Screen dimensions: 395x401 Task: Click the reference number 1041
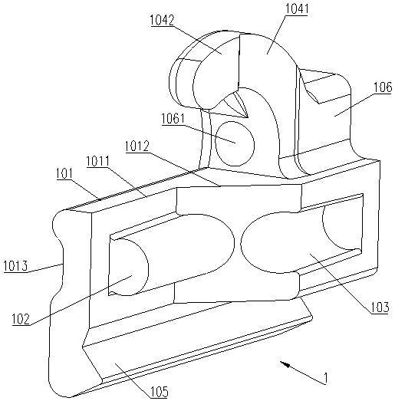click(296, 9)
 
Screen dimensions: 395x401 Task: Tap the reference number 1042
click(162, 20)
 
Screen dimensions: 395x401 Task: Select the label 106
click(383, 87)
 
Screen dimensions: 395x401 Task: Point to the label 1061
click(173, 119)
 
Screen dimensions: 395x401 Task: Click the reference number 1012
click(137, 146)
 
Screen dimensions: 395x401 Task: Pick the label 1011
click(98, 161)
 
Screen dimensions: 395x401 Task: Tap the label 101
click(65, 174)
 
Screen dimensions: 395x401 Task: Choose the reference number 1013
click(15, 266)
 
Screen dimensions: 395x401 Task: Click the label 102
click(21, 319)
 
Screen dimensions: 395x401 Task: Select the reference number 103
click(380, 307)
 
